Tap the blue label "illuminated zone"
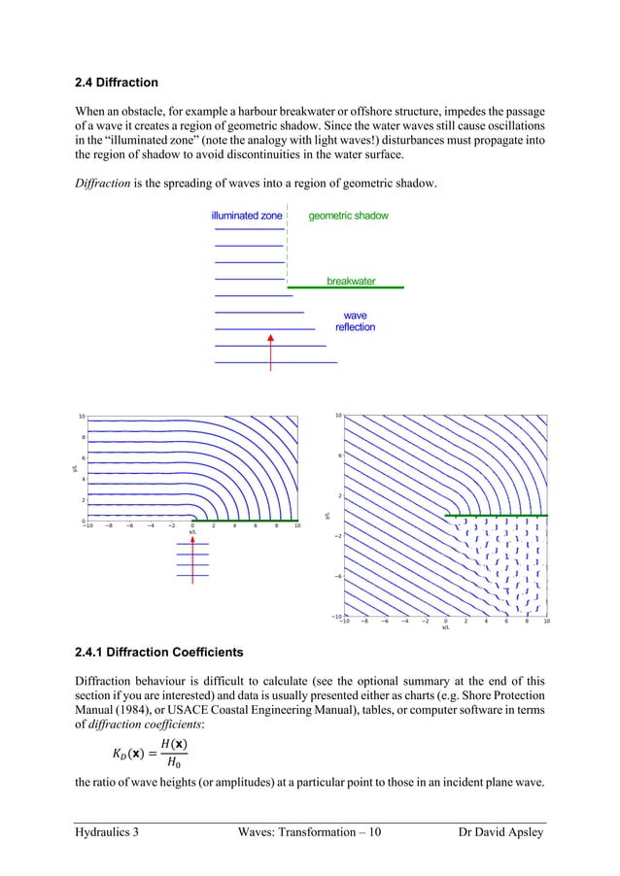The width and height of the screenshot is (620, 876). pyautogui.click(x=247, y=216)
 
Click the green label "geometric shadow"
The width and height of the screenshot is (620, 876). pyautogui.click(x=348, y=216)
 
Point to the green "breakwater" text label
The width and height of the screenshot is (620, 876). pyautogui.click(x=351, y=282)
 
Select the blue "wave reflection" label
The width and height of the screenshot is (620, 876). pyautogui.click(x=355, y=321)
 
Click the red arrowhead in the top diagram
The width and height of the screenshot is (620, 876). pyautogui.click(x=270, y=339)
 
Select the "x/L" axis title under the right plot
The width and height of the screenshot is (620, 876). pyautogui.click(x=445, y=627)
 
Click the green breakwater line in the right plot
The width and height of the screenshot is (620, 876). pyautogui.click(x=497, y=515)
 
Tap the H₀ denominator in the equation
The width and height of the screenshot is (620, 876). pyautogui.click(x=175, y=762)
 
